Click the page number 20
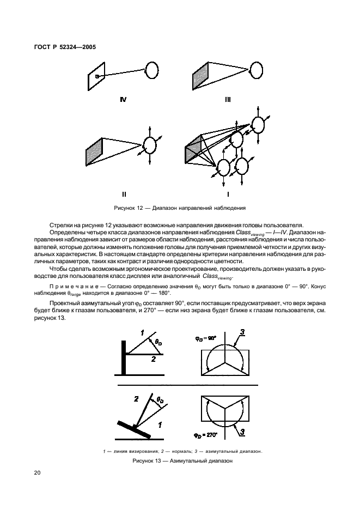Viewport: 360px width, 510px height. (37, 473)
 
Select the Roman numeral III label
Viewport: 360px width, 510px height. (228, 100)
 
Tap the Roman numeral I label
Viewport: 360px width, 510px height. (228, 193)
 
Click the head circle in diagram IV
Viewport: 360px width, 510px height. (152, 70)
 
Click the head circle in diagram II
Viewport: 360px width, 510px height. (149, 145)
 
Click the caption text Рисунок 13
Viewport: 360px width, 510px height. (148, 461)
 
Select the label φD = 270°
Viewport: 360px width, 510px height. (206, 435)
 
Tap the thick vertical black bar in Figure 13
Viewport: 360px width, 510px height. (125, 357)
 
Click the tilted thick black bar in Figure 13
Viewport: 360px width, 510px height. (134, 428)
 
